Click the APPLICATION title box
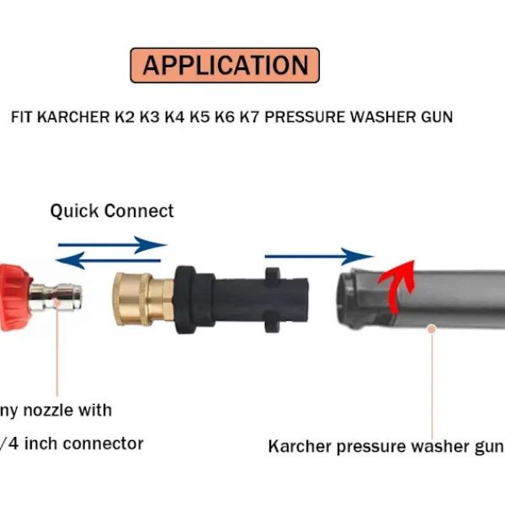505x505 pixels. coord(225,65)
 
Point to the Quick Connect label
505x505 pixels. coord(112,210)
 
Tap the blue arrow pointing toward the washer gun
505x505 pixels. coord(319,255)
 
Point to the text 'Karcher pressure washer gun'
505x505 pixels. coord(385,446)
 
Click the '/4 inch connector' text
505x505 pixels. coord(72,443)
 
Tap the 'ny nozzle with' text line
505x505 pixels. coord(56,411)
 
